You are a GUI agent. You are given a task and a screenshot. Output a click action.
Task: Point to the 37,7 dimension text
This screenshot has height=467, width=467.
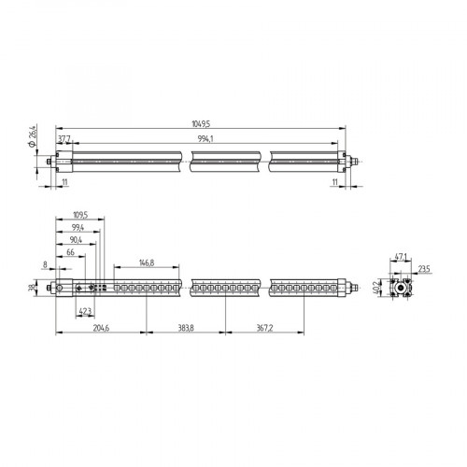[64, 137]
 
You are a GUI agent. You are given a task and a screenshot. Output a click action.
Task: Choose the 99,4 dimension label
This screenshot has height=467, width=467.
[78, 228]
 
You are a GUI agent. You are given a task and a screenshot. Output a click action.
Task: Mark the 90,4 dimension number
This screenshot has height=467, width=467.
[76, 240]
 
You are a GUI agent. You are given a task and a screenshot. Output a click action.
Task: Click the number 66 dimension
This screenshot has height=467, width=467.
[70, 253]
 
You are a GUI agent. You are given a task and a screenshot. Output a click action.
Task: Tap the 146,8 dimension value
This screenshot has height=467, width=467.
[146, 263]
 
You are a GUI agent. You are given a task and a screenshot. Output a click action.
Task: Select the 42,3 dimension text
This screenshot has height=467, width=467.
[85, 311]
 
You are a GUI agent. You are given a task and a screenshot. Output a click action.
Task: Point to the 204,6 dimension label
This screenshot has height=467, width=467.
[101, 328]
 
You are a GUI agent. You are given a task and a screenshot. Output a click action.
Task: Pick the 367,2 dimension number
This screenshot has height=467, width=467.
[264, 328]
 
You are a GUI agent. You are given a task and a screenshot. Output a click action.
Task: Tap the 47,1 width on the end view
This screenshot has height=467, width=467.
[402, 256]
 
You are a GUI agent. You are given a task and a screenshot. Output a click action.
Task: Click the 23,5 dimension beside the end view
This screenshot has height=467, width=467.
[425, 270]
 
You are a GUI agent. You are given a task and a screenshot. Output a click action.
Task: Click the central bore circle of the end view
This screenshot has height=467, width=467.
[403, 288]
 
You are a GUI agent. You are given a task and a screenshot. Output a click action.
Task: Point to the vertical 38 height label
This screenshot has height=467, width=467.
[33, 288]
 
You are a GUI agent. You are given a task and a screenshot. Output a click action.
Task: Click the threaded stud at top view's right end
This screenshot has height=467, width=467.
[353, 163]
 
